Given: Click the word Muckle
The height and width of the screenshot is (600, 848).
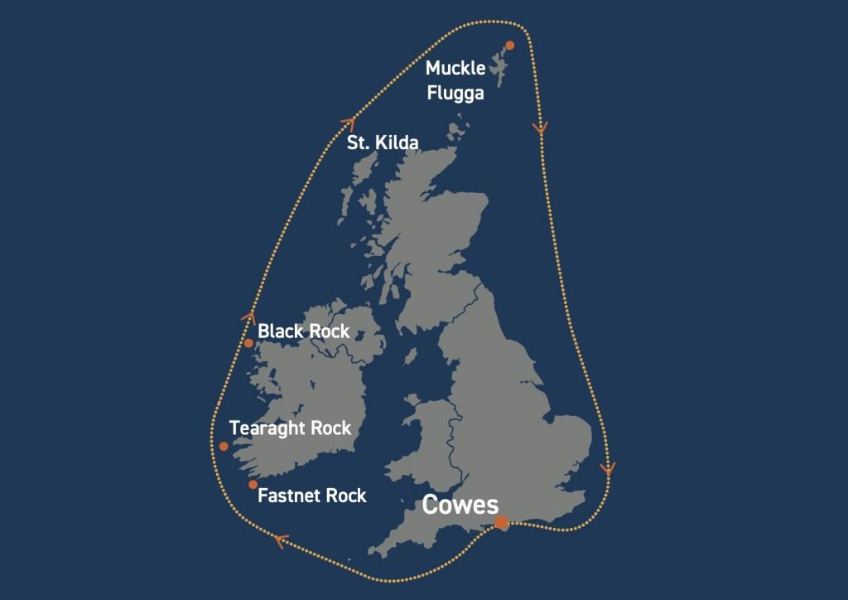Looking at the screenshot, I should point(455,69).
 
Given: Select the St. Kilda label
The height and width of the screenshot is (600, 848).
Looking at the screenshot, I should point(382,143).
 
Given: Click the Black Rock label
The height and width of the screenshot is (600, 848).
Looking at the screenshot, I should point(303,331).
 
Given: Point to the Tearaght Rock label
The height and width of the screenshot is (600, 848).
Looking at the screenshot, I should point(290,428).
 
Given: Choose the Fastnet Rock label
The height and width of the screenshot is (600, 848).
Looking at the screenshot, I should point(311,496).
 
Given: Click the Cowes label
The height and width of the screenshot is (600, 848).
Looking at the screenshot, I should point(460,505).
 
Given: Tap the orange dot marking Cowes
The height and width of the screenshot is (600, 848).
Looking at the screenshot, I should point(501,521).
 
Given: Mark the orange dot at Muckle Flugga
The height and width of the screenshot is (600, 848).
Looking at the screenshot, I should point(509,46).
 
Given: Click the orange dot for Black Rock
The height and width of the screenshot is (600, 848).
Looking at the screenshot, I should point(248,343).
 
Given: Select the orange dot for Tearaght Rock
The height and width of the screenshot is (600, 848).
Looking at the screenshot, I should point(224,447).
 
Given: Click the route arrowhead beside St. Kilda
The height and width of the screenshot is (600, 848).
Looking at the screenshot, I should point(349,123).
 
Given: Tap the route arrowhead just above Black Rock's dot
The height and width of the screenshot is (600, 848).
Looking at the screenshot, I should point(248,316).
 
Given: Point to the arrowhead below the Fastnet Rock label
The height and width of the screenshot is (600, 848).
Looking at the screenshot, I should point(280,541).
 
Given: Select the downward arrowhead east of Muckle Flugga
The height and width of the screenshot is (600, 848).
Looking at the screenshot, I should point(541,129).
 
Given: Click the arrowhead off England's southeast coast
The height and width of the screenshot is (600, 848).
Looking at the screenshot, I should point(608,469).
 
